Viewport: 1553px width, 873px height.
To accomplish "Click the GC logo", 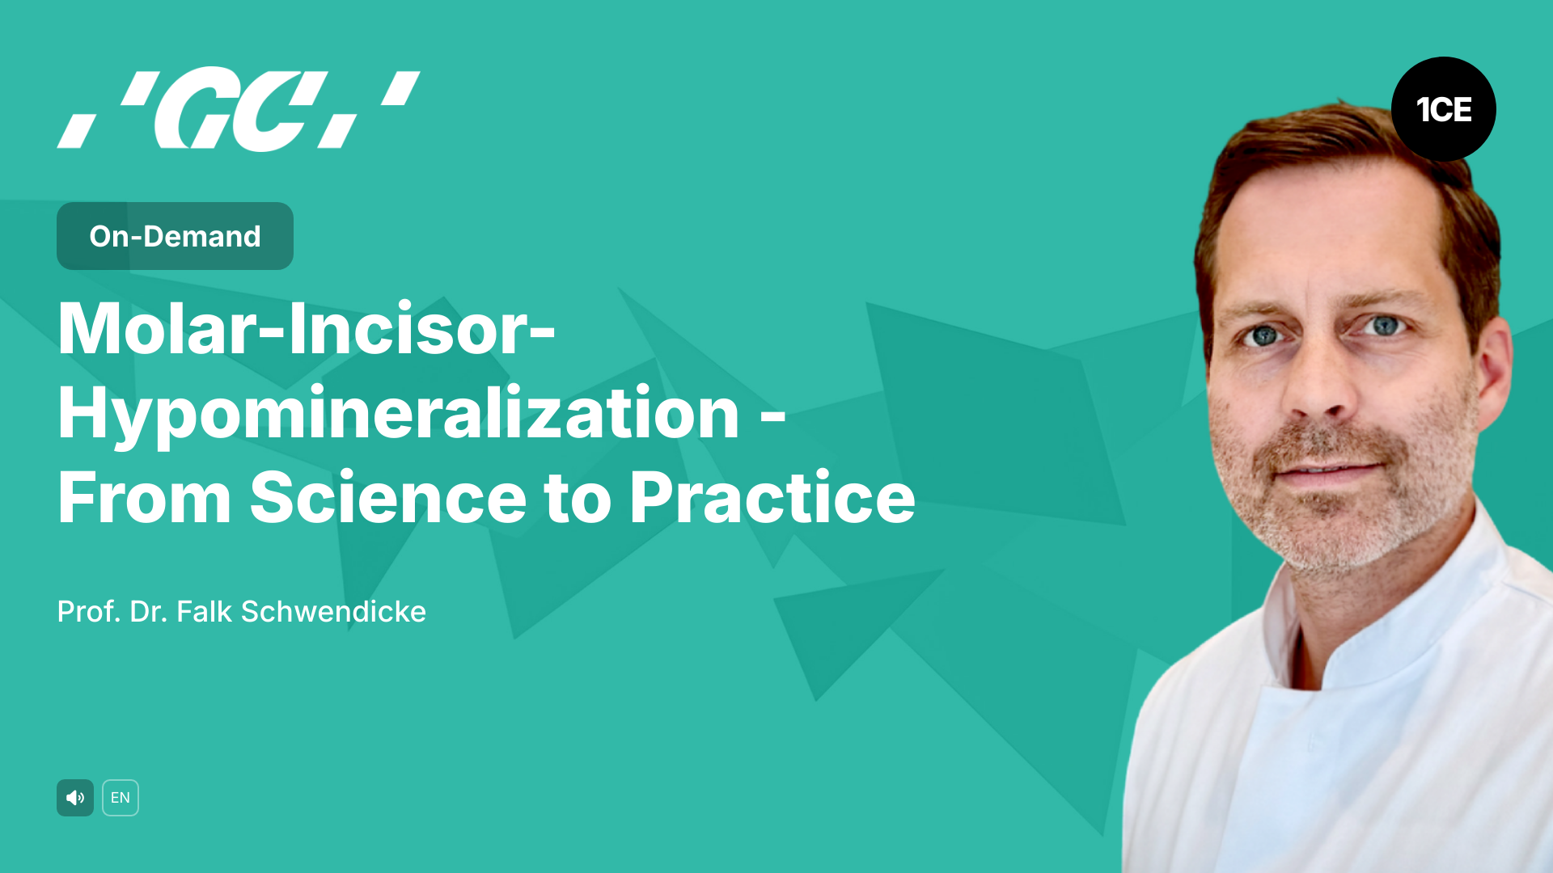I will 239,110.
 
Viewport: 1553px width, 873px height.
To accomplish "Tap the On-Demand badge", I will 175,236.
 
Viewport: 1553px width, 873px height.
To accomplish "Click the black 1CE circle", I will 1443,109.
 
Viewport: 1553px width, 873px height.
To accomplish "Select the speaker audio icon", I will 75,798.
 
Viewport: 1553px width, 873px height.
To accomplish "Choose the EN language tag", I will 121,798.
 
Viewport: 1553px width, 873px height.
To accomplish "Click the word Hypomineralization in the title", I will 398,414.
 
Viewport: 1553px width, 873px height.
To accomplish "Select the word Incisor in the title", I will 408,330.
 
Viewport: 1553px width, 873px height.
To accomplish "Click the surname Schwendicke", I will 333,612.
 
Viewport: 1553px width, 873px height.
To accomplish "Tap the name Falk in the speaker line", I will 205,612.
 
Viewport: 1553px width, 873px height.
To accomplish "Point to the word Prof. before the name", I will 89,612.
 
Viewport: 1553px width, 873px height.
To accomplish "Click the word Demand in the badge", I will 202,236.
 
